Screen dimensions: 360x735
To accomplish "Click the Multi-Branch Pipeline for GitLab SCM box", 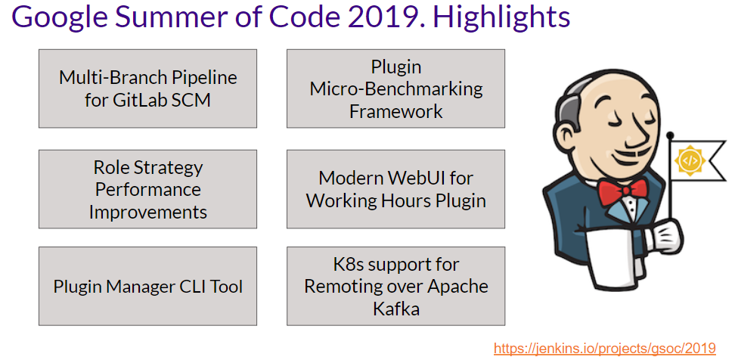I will click(x=147, y=88).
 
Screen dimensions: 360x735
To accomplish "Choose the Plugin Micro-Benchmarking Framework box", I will click(x=395, y=88).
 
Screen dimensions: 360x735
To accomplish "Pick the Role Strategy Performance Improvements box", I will click(x=147, y=189).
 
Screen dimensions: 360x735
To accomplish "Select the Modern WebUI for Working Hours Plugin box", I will click(x=395, y=189).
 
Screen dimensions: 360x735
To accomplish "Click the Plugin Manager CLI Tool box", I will click(x=147, y=287).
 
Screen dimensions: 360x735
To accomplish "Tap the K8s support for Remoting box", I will click(x=395, y=287).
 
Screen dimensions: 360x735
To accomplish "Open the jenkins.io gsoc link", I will click(x=604, y=348).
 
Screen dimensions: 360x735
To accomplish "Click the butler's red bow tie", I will click(x=622, y=191).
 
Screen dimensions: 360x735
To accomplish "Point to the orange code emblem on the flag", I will click(x=689, y=161).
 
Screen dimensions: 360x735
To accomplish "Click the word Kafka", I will click(x=395, y=309).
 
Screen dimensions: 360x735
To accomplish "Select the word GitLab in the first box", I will click(x=146, y=100).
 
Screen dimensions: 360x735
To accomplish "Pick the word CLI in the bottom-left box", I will click(x=191, y=287).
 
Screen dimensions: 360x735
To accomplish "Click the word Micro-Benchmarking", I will click(x=395, y=88).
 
